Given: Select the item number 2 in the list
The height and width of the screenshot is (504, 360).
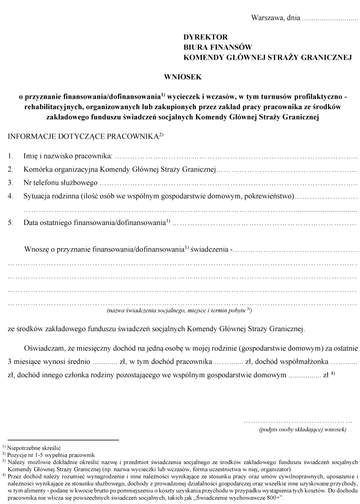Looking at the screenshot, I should pyautogui.click(x=10, y=169).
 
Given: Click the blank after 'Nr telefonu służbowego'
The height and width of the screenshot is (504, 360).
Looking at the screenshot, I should pyautogui.click(x=228, y=182).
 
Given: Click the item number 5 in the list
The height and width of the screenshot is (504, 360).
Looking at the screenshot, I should pyautogui.click(x=10, y=222).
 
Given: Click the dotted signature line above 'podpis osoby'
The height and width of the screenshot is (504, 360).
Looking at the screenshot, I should pyautogui.click(x=298, y=421).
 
